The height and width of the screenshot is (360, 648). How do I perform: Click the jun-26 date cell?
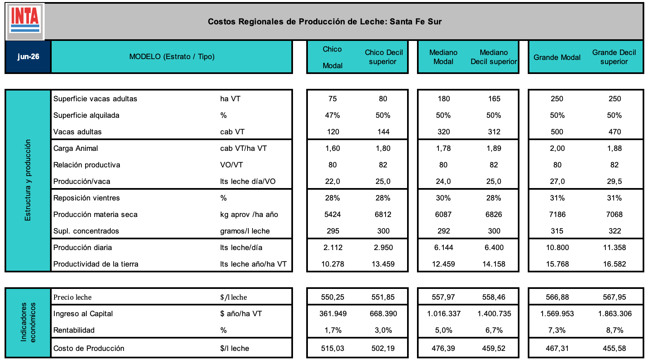28,57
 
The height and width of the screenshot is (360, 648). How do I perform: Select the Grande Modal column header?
557,57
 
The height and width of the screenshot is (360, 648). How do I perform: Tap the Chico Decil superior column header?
384,57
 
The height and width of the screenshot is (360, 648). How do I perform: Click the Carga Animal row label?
76,148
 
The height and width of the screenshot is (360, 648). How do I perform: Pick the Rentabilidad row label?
74,330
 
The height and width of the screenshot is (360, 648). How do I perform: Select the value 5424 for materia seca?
332,215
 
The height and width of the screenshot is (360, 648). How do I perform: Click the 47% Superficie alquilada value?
332,115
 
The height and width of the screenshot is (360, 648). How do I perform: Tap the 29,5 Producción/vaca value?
615,181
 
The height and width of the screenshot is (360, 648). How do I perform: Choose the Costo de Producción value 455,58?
615,348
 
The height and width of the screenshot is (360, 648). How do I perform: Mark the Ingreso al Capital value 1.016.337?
444,314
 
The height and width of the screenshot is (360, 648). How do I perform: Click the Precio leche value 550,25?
332,297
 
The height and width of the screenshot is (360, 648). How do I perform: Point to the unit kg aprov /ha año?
249,215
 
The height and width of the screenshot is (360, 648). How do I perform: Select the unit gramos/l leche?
245,231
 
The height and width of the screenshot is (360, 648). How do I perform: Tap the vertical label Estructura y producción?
28,180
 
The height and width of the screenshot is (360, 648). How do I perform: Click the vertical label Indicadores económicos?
28,322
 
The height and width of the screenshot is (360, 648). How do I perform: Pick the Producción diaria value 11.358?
615,248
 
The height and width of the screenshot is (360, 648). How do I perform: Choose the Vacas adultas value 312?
494,132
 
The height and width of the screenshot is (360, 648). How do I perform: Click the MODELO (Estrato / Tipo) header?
172,57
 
